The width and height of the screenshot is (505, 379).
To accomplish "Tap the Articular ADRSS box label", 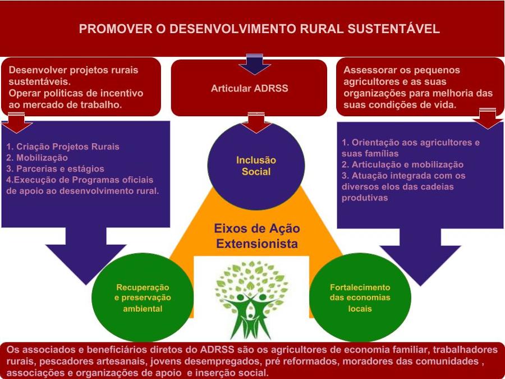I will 250,88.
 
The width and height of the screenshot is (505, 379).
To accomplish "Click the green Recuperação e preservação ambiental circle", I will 143,298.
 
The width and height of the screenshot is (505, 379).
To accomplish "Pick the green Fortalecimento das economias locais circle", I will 360,298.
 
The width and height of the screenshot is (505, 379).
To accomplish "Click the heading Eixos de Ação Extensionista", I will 257,236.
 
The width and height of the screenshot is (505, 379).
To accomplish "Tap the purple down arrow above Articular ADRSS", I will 254,63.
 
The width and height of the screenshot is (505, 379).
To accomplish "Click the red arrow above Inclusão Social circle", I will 256,122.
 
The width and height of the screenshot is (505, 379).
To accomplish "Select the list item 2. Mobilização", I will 37,158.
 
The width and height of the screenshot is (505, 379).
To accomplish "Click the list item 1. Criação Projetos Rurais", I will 63,147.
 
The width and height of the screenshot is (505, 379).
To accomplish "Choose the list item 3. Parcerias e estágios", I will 55,168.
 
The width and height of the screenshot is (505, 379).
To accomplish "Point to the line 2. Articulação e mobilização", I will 402,165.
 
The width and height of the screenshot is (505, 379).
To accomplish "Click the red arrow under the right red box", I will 486,118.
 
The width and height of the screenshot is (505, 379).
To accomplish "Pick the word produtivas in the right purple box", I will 365,198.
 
